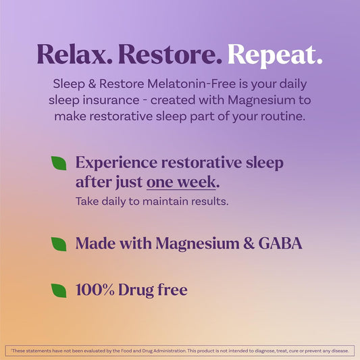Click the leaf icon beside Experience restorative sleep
(59, 163)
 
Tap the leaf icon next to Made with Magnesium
(59, 243)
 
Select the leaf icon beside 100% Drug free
(59, 290)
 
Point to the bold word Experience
(114, 163)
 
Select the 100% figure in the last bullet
(94, 290)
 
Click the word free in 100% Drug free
(171, 290)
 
